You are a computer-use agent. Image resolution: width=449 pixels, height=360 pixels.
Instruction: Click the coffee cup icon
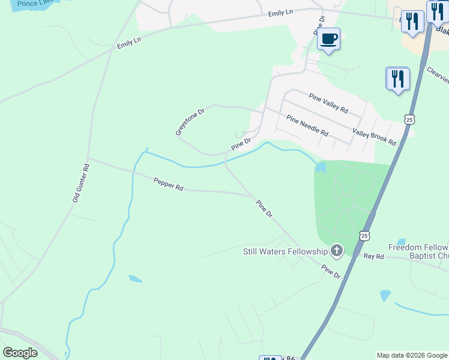(328, 40)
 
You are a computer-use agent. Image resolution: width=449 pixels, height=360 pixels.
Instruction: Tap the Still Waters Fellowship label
(285, 251)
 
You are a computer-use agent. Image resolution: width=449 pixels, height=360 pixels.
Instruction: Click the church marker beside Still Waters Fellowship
(337, 251)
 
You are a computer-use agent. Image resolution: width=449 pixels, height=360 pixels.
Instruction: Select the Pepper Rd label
(168, 184)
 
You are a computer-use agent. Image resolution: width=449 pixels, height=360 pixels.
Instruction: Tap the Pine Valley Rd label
(328, 103)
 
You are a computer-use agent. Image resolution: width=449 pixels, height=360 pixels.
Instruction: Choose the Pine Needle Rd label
(307, 125)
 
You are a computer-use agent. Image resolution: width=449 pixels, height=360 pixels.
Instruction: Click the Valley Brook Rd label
(375, 137)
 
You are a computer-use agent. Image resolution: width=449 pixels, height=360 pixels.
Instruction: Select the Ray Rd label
(373, 256)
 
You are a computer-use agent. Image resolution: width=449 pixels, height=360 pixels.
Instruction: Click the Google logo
(20, 353)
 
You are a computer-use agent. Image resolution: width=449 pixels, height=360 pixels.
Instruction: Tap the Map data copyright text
(412, 355)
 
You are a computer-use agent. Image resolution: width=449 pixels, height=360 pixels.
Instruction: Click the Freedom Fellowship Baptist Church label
(418, 251)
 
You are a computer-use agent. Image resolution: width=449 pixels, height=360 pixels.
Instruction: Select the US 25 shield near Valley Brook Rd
(409, 119)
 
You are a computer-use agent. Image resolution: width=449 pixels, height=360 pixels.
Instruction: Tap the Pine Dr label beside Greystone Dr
(241, 145)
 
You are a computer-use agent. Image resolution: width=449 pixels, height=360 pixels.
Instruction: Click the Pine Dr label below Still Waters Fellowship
(330, 271)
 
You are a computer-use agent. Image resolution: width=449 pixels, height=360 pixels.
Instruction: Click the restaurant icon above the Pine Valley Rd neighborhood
(397, 79)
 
